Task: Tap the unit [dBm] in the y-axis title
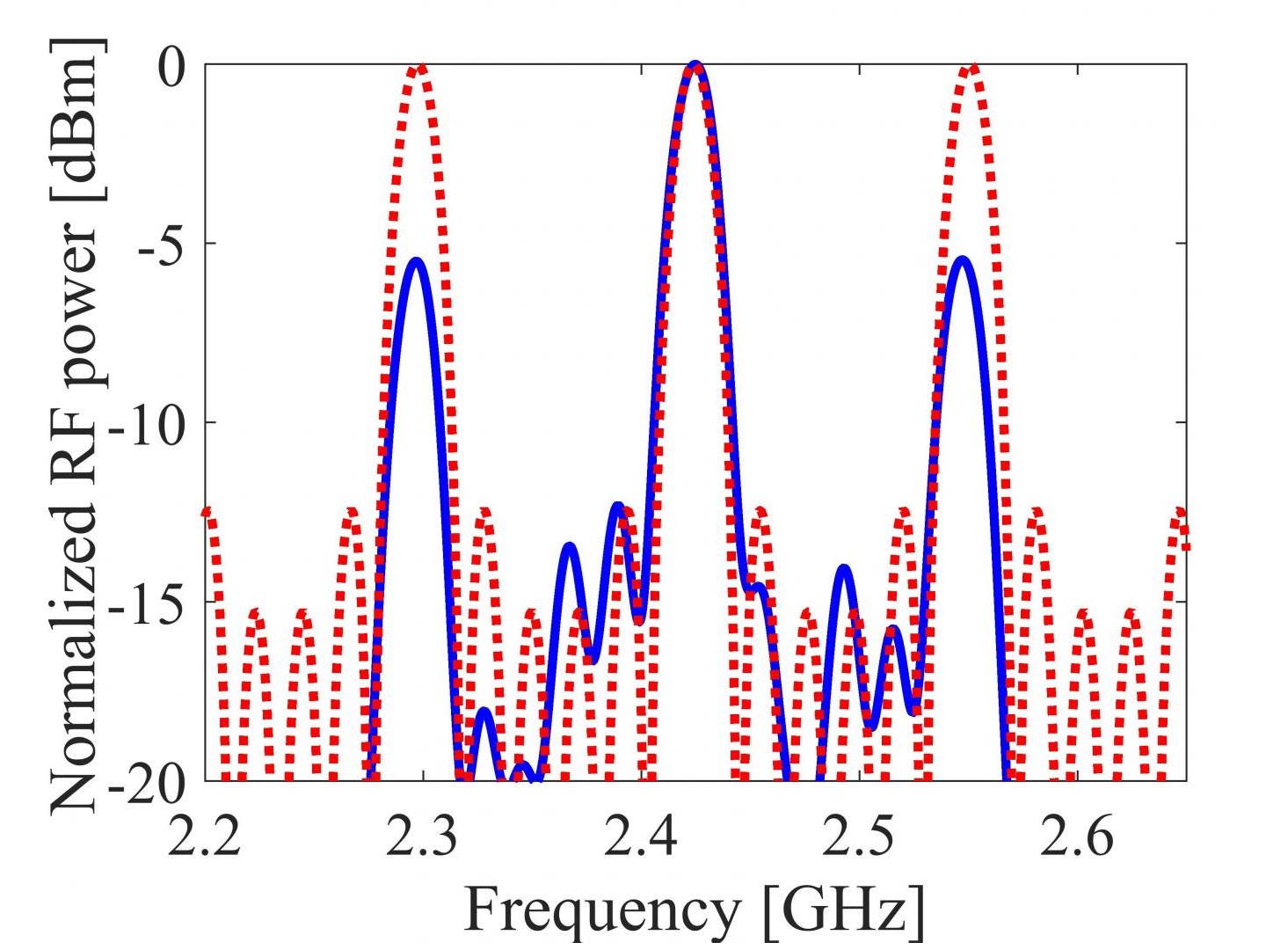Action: (x=75, y=119)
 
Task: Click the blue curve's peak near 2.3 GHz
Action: (x=416, y=261)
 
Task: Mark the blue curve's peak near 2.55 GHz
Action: (x=964, y=259)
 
